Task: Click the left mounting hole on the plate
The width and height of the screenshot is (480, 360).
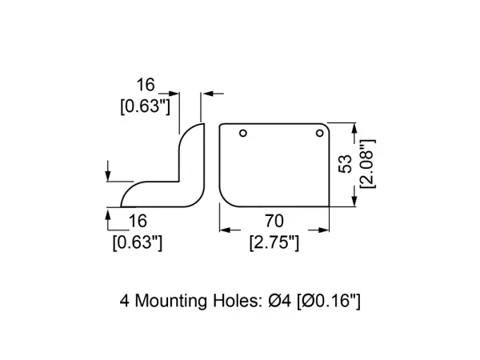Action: (243, 133)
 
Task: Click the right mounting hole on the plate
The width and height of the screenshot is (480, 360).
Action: (319, 133)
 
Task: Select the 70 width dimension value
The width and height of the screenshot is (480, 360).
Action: (274, 221)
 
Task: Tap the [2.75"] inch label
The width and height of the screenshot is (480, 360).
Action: (274, 242)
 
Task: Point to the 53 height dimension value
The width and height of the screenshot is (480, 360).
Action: (346, 164)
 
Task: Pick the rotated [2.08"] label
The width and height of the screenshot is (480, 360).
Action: (367, 164)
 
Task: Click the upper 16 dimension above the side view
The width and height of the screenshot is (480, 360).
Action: (146, 85)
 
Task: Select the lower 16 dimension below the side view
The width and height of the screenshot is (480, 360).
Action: (138, 221)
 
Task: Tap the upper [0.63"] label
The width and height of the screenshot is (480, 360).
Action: (145, 107)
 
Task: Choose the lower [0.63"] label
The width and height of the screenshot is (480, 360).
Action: (138, 242)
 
